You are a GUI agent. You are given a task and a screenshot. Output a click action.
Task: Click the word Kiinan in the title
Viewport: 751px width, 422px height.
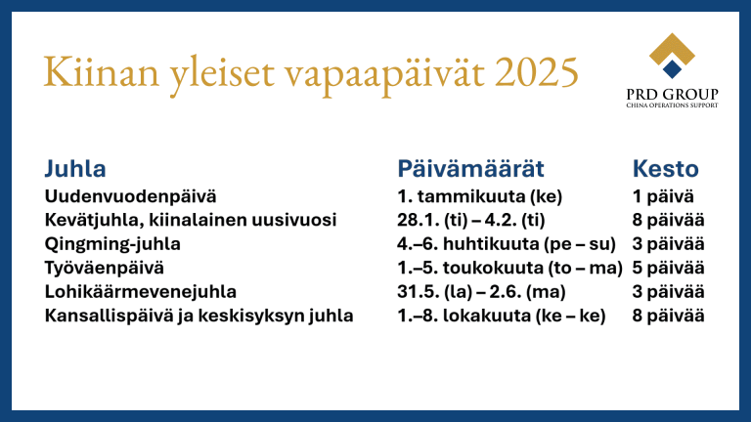[101, 71]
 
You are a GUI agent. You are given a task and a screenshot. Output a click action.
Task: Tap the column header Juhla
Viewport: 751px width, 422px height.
[75, 168]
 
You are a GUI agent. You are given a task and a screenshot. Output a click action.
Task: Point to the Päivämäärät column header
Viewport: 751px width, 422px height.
[470, 168]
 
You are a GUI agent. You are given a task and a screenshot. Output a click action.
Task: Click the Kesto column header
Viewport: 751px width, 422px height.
[665, 168]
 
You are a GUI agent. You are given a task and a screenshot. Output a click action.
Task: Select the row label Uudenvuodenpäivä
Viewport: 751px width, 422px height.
[130, 196]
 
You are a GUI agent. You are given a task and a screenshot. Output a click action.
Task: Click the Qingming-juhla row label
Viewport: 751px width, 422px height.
[112, 244]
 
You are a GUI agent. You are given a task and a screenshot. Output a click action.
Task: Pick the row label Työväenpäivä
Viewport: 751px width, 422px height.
[104, 268]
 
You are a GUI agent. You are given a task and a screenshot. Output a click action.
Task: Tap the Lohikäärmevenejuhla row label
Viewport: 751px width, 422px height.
[141, 292]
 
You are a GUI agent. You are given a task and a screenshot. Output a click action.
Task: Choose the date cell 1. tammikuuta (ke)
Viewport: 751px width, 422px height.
[479, 196]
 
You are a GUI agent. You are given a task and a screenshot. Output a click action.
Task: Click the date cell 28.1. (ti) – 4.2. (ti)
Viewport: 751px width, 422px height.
[470, 220]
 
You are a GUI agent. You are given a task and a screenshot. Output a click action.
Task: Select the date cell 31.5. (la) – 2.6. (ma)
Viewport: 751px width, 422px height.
[481, 292]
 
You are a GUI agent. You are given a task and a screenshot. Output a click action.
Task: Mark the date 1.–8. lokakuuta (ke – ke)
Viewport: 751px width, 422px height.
[502, 316]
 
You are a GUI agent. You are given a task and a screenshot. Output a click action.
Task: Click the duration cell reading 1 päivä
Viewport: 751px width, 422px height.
[663, 196]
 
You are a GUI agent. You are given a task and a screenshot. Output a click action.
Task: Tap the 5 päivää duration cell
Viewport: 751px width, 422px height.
[668, 268]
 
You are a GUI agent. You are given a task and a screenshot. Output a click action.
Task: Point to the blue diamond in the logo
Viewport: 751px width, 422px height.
[672, 69]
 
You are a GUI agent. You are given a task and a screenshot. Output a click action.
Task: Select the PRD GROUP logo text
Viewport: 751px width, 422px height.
[672, 94]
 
